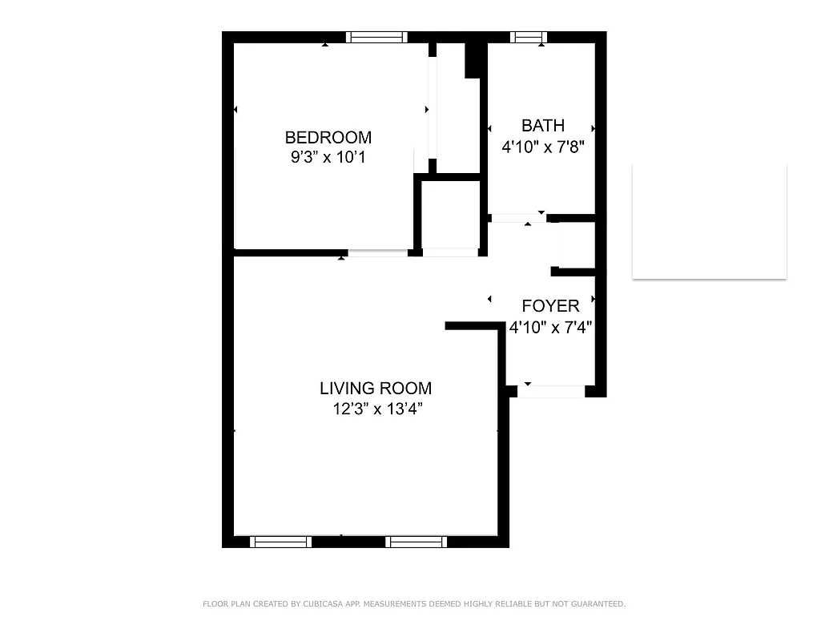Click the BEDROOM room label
coord(328,137)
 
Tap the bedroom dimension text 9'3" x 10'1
coord(328,157)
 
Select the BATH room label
coord(542,125)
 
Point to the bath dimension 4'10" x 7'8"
coord(542,147)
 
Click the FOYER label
coord(550,306)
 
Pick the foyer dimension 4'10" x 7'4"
coord(550,327)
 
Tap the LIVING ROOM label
coord(375,389)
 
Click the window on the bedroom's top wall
coord(376,37)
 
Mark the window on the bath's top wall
coord(529,37)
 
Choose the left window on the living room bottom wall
coord(280,542)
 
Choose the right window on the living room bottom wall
coord(416,542)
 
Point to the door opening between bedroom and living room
coord(377,253)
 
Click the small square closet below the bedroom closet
coord(450,214)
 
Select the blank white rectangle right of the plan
coord(709,221)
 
